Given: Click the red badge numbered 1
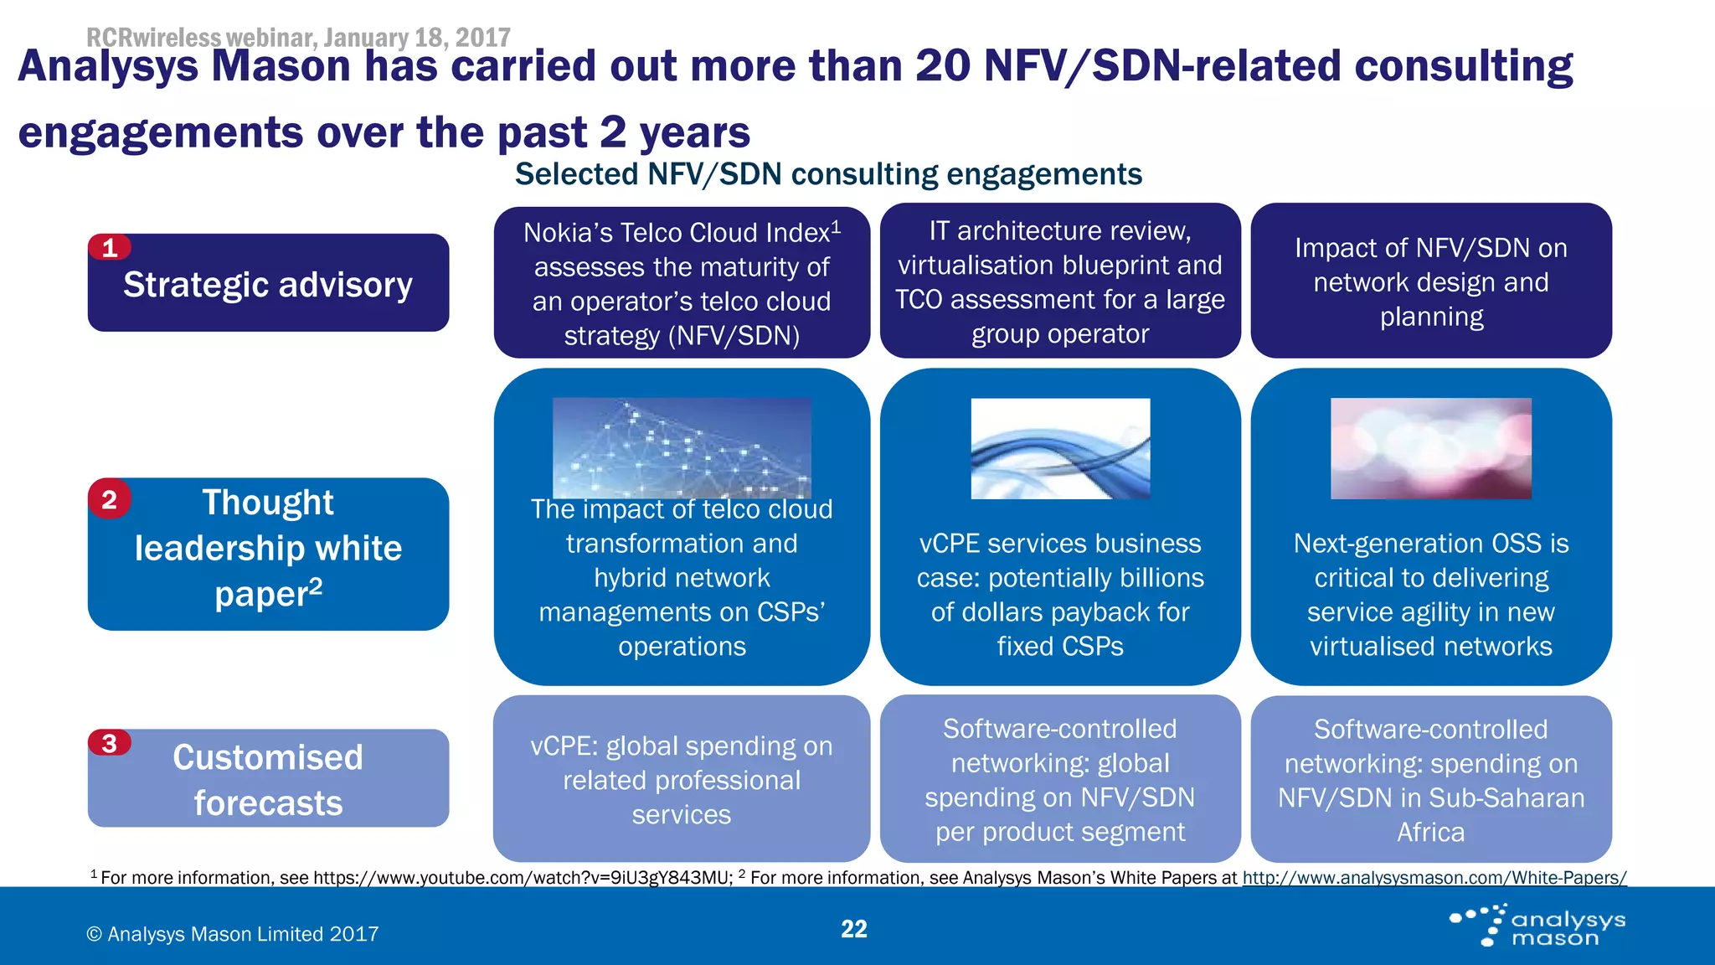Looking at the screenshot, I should [110, 248].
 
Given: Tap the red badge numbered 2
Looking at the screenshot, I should [110, 499].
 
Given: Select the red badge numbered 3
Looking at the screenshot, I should [110, 743].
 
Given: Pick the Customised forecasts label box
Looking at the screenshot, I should [268, 779].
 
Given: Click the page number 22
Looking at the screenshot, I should [853, 929].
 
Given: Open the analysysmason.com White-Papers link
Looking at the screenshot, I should [1434, 878].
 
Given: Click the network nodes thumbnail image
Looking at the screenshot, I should [682, 448].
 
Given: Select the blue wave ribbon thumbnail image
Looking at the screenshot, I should [1060, 448].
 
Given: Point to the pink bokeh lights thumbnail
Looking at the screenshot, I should [1430, 448].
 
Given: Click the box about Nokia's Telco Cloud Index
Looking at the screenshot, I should [682, 283].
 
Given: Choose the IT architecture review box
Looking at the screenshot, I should [1060, 281].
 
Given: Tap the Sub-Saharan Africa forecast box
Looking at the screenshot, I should [1430, 780].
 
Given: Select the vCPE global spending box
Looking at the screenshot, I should [682, 780].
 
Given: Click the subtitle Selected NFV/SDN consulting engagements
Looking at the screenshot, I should [827, 174].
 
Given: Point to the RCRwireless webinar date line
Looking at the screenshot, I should [298, 37].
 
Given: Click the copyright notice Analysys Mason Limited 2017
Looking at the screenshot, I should [233, 934].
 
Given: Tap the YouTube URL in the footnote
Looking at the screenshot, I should [523, 878].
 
